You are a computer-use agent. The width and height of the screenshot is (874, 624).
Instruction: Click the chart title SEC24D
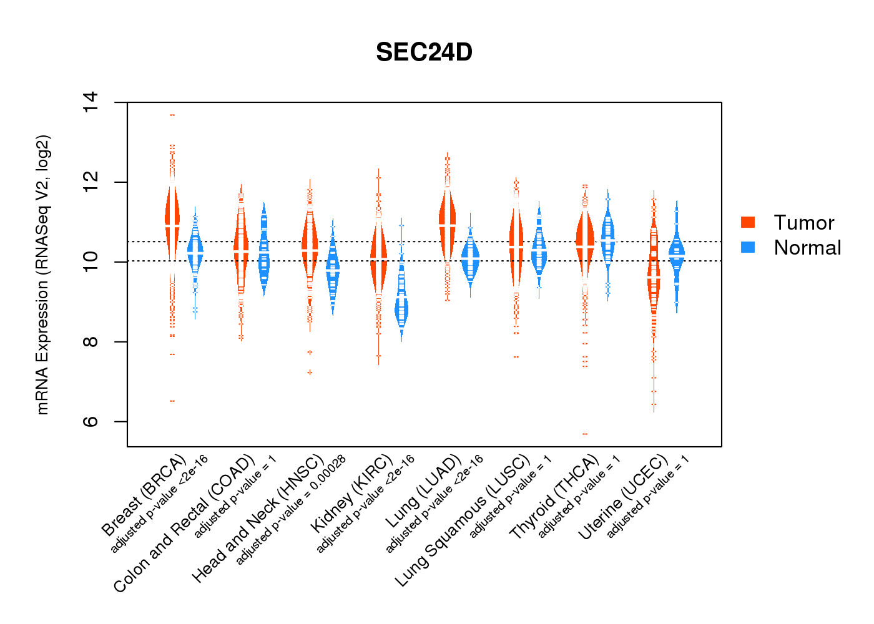click(424, 52)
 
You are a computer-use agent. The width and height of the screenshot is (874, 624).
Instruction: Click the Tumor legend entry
click(803, 223)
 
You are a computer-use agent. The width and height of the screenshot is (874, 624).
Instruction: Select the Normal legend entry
click(807, 248)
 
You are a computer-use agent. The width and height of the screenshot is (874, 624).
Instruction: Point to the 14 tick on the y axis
click(91, 102)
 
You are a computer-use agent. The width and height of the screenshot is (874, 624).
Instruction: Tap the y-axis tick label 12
click(91, 182)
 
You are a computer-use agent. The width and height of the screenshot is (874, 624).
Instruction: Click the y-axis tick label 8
click(91, 342)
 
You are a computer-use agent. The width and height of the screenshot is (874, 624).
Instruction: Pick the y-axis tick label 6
click(91, 422)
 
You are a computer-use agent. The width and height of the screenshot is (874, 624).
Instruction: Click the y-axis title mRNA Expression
click(42, 275)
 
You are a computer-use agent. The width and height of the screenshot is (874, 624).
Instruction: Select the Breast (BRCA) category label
click(144, 496)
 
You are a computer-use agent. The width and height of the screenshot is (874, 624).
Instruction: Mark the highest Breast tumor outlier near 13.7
click(172, 115)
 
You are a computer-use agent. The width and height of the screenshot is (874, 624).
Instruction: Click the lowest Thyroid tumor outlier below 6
click(585, 434)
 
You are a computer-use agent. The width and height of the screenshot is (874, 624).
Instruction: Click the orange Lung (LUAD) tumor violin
click(447, 225)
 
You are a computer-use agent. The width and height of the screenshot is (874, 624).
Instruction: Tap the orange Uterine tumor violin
click(654, 275)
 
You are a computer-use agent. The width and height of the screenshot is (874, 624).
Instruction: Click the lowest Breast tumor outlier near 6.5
click(172, 401)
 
